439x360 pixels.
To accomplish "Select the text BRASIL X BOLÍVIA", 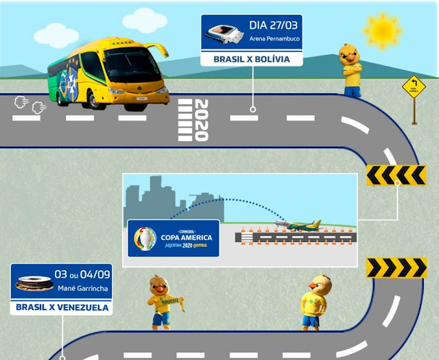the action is pos(250,60).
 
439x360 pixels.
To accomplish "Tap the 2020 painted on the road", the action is pos(201,120).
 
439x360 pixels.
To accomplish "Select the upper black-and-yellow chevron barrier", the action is pos(396,176).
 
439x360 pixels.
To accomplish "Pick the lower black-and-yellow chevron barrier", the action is pos(396,267).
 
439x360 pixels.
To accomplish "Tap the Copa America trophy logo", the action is pos(145,238).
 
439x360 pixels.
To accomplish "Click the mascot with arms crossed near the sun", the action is pos(351,69).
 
